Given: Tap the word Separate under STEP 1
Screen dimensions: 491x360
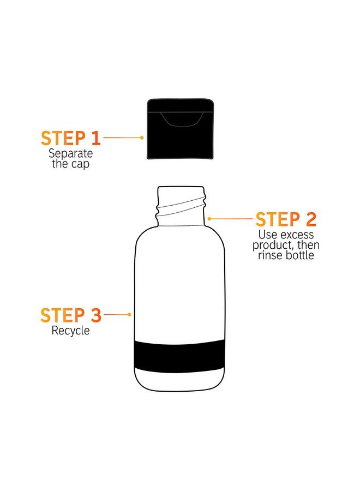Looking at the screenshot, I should (x=70, y=153).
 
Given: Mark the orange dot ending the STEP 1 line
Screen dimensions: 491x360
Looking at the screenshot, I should (x=142, y=138).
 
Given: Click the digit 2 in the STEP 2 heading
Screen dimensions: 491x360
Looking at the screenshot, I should (x=310, y=219).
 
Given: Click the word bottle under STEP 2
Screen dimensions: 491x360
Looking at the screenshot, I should (x=300, y=255).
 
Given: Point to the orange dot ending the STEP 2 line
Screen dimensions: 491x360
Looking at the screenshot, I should (x=209, y=219).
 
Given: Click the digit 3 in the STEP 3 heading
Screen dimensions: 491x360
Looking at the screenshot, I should (x=95, y=315).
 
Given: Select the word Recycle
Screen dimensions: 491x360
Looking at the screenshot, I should (x=70, y=330).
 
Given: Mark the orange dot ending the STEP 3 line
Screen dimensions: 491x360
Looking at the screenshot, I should (x=129, y=315).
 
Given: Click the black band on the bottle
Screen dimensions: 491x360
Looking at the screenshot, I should (x=179, y=356).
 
